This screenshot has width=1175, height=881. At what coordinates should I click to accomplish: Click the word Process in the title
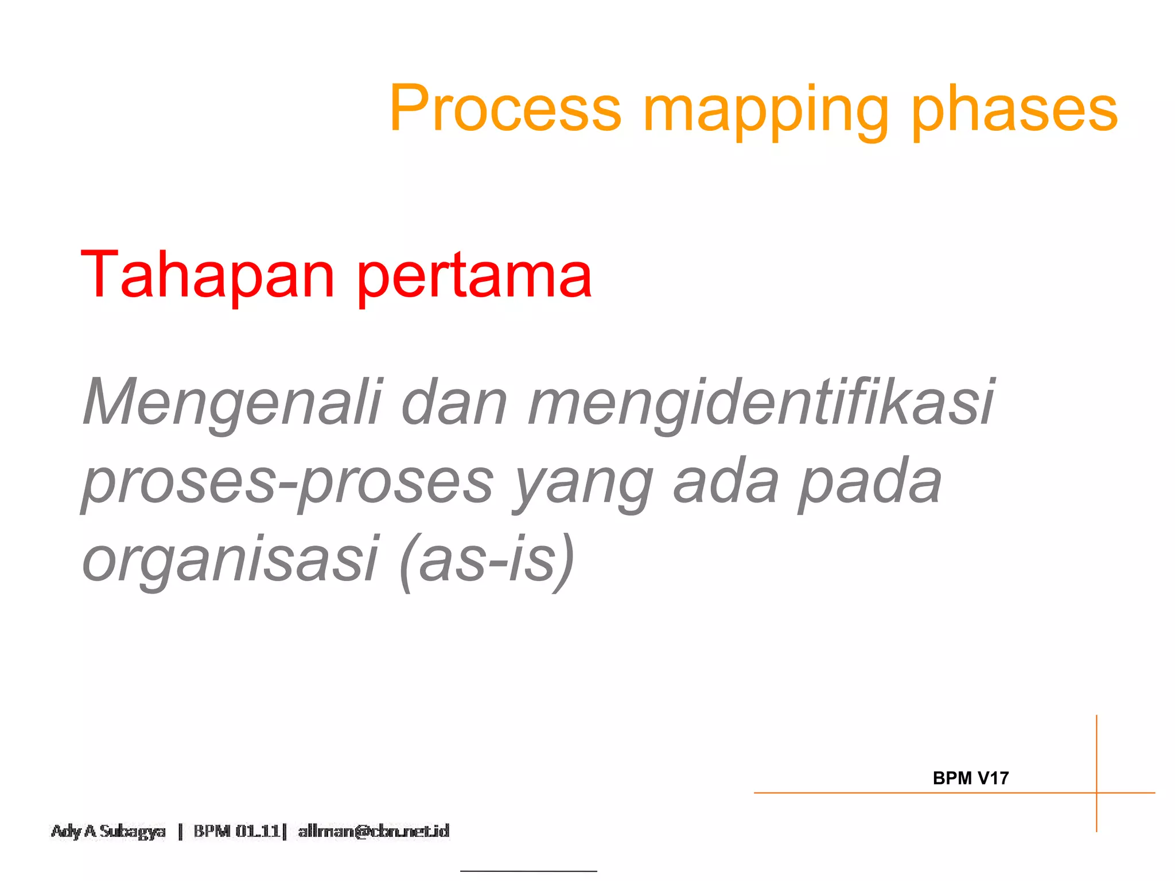(505, 108)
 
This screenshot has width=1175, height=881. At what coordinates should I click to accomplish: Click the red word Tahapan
(207, 275)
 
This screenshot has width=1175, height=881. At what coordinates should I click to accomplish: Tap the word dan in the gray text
(454, 402)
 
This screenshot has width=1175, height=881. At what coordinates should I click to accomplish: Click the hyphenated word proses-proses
(287, 482)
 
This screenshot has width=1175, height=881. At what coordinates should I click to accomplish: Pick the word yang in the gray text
(582, 485)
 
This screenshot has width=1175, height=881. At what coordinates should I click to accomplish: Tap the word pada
(870, 482)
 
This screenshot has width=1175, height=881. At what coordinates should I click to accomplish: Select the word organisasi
(230, 560)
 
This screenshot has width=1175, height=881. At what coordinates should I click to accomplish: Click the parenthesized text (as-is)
(487, 559)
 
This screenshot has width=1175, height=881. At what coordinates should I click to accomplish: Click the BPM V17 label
(970, 778)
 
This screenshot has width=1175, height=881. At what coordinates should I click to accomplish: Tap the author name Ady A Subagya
(108, 831)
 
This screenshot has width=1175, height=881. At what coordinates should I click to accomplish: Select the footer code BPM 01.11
(238, 831)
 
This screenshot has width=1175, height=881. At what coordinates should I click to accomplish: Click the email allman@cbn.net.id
(373, 831)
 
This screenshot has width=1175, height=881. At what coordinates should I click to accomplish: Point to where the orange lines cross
(1096, 793)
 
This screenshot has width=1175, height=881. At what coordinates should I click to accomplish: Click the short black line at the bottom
(528, 871)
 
